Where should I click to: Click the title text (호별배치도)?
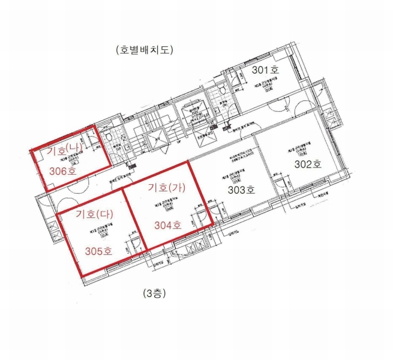pos(145,50)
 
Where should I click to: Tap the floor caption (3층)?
pos(154,293)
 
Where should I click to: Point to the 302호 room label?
pos(308,163)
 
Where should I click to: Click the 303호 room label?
pos(242,190)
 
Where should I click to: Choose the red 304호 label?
pos(168,226)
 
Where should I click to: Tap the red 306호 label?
pos(63,170)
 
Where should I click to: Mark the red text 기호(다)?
pos(94,213)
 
